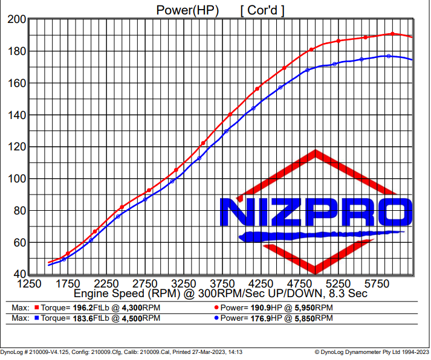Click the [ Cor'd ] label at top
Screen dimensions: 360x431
click(x=262, y=10)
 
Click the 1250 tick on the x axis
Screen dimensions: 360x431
click(x=29, y=284)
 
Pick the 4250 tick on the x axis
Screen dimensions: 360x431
click(x=261, y=284)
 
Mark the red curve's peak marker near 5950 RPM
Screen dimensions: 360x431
click(x=392, y=34)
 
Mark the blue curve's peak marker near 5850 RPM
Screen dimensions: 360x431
click(x=389, y=56)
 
